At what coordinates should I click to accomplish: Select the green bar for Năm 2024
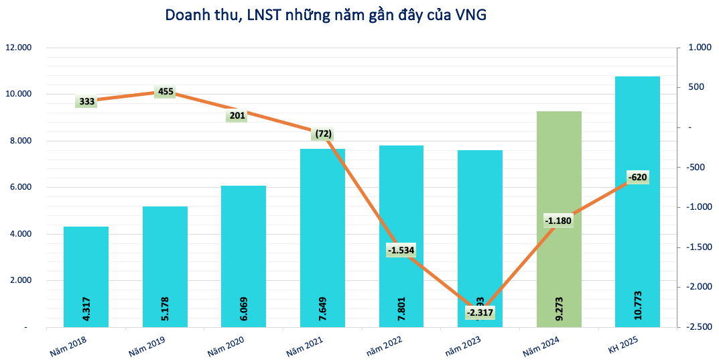558,201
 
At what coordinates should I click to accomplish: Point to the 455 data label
166,91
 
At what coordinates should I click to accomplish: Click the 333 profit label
86,102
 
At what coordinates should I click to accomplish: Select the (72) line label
322,133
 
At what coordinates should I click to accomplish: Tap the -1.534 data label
401,250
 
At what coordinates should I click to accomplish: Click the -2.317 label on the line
480,313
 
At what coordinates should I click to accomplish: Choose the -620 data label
638,177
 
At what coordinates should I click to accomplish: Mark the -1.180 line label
559,221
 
